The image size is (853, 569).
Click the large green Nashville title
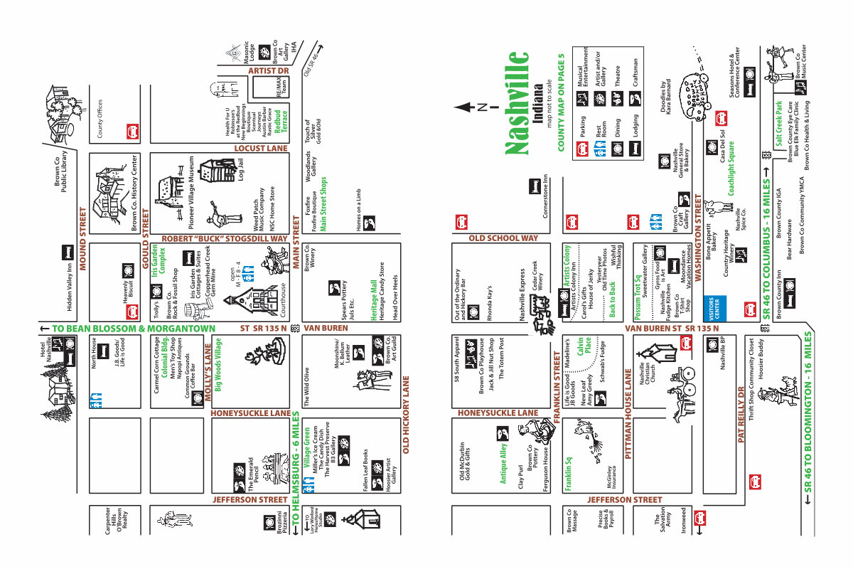coord(517,103)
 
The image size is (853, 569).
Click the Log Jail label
coord(240,173)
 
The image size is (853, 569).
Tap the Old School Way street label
coord(504,238)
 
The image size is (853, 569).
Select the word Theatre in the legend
coord(616,77)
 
